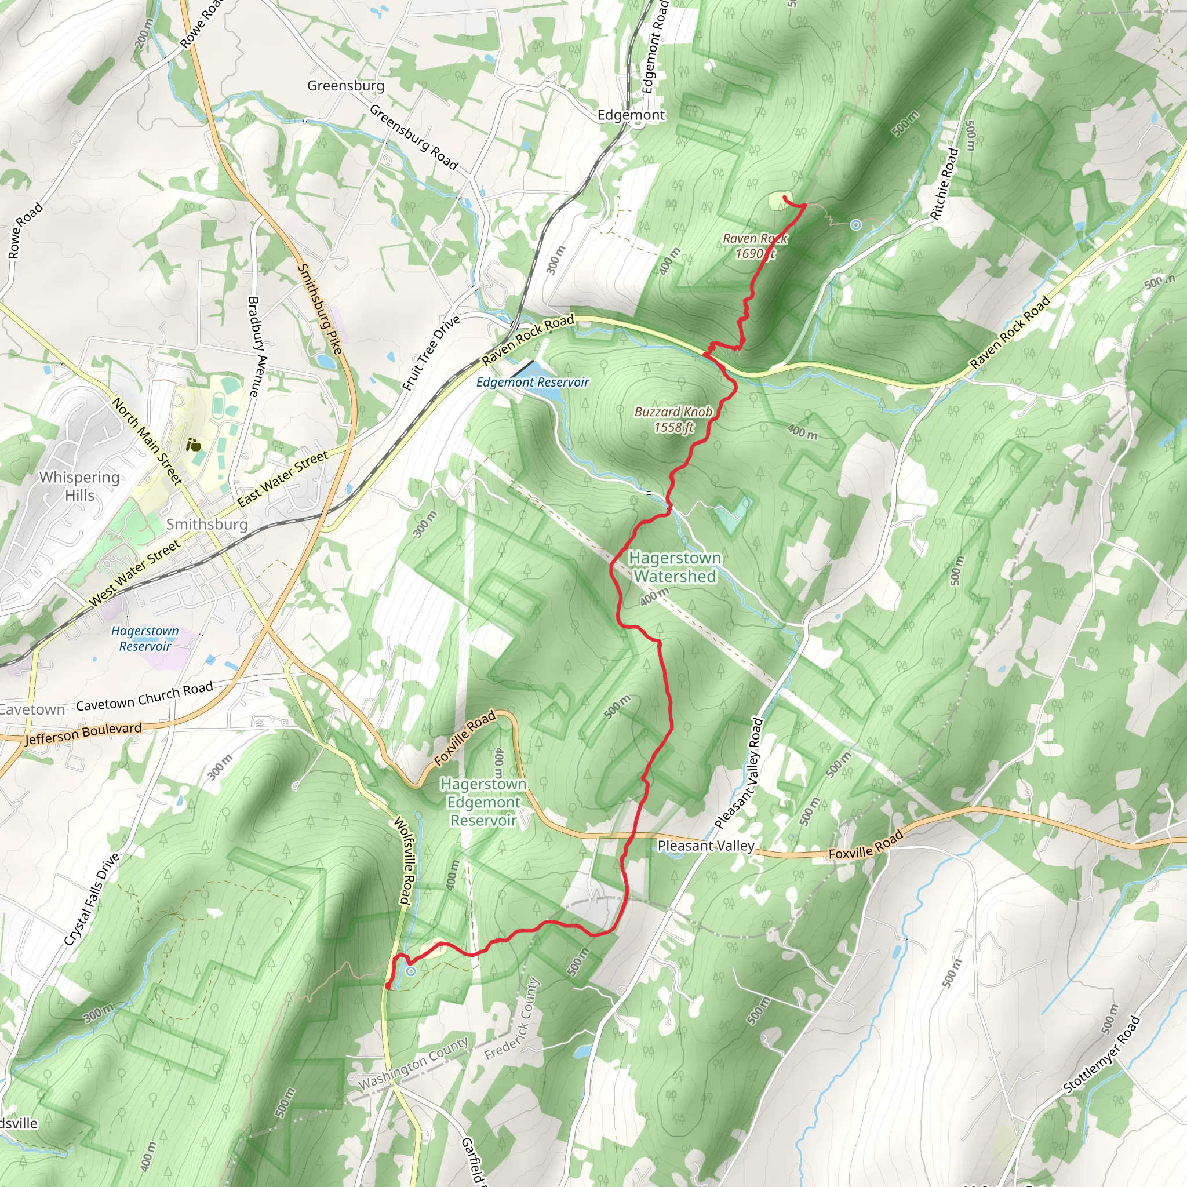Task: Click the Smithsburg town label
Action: pos(206,524)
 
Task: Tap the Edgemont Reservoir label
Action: pos(532,382)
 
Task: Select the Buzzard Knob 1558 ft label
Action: pos(673,419)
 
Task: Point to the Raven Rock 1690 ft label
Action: pos(755,246)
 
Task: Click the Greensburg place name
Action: pos(345,85)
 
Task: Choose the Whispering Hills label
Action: pos(79,486)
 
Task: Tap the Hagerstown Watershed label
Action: pos(675,566)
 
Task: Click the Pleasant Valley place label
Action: pos(705,846)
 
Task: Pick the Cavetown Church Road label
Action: pos(144,696)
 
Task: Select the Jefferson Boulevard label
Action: pos(83,734)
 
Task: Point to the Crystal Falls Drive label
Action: pos(92,900)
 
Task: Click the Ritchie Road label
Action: pos(944,183)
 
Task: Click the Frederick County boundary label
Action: pos(511,1019)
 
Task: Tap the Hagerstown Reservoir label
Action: pos(145,638)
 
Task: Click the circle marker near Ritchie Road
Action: pos(856,225)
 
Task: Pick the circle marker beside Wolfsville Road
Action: pos(410,971)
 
